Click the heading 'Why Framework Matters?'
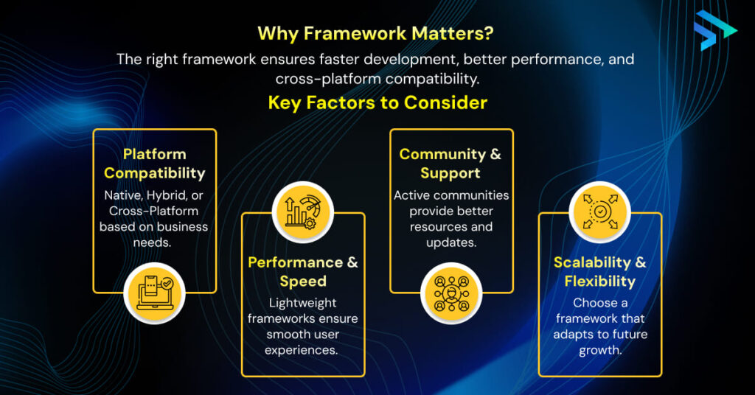tap(377, 33)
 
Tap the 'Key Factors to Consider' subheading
tap(377, 102)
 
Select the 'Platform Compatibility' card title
tap(154, 164)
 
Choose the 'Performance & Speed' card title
tap(303, 272)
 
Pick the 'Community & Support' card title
tap(450, 164)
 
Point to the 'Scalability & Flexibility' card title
tap(599, 272)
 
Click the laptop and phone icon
tap(154, 293)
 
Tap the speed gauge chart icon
tap(303, 212)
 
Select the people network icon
tap(450, 293)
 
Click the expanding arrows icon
tap(599, 212)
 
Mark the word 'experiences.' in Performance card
tap(303, 350)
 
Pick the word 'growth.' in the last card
tap(599, 350)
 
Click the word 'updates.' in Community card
tap(450, 242)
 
